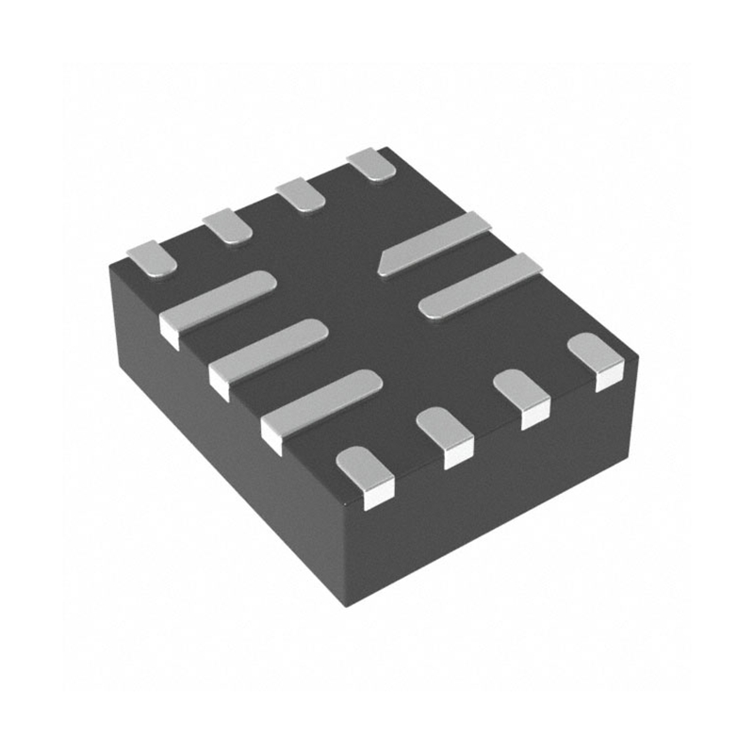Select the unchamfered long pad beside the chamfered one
(x=481, y=286)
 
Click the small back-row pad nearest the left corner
(x=152, y=258)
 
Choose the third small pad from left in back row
(x=301, y=193)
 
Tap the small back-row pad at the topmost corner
(x=371, y=165)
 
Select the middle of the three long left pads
(x=269, y=348)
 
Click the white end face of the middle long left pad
(x=219, y=382)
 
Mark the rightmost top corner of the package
(x=637, y=358)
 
